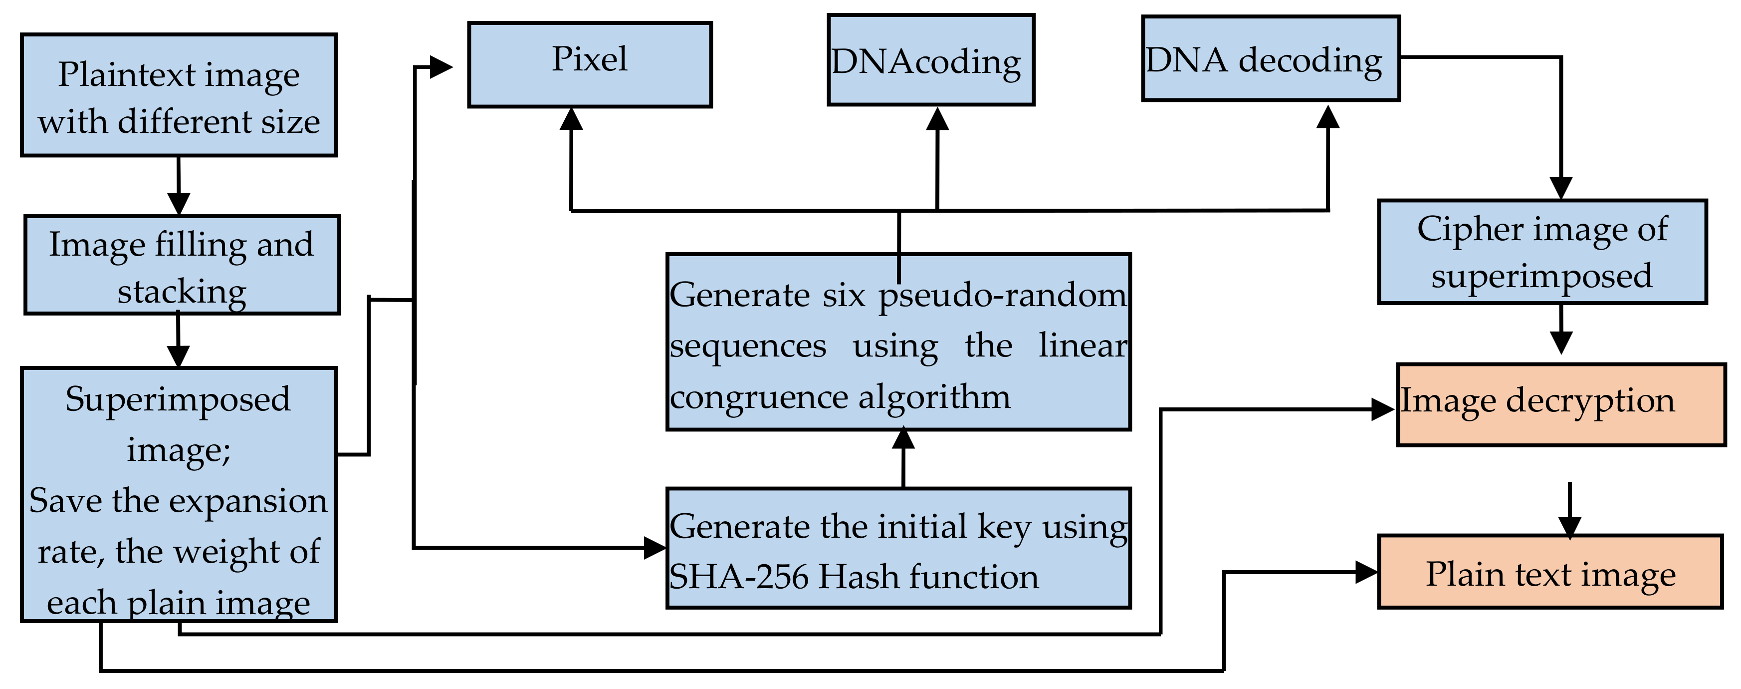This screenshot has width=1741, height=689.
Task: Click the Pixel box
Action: point(589,65)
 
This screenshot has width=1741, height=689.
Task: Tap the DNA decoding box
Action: point(1271,59)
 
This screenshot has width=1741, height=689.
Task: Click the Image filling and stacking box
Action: point(182,265)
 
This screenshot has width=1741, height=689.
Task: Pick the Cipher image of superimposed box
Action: point(1542,252)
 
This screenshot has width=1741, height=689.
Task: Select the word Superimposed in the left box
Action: point(177,399)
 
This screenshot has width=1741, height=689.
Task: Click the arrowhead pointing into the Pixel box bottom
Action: point(572,119)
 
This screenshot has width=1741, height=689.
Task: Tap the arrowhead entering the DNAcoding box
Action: point(937,119)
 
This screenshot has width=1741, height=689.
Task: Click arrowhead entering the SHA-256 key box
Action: point(653,548)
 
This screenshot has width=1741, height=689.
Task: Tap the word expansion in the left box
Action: point(247,501)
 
